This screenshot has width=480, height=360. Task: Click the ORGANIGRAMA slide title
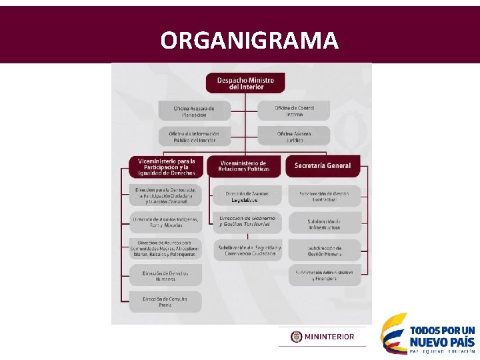point(249,41)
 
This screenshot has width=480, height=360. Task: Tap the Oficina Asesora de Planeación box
point(194,111)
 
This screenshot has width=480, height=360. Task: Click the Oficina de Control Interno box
point(294,111)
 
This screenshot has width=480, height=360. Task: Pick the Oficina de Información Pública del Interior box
point(194,136)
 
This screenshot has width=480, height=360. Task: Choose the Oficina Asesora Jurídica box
point(294,136)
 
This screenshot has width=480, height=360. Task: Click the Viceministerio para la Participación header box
point(167,167)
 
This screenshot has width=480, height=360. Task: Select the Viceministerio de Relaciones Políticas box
point(244,166)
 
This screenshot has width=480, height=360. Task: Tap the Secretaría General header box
point(323,165)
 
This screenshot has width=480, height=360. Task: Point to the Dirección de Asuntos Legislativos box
point(247,196)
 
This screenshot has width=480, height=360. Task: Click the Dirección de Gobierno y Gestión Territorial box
point(247,222)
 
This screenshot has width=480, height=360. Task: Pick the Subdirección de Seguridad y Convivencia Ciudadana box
point(249,250)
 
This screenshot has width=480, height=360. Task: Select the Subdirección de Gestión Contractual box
point(324,196)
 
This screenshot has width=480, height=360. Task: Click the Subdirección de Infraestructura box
point(324,224)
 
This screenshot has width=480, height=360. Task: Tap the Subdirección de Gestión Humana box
point(325,251)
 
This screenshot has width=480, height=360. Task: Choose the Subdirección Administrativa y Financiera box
point(325,275)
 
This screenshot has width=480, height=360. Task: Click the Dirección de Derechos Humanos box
point(165,275)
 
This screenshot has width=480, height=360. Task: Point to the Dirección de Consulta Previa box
point(165,301)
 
